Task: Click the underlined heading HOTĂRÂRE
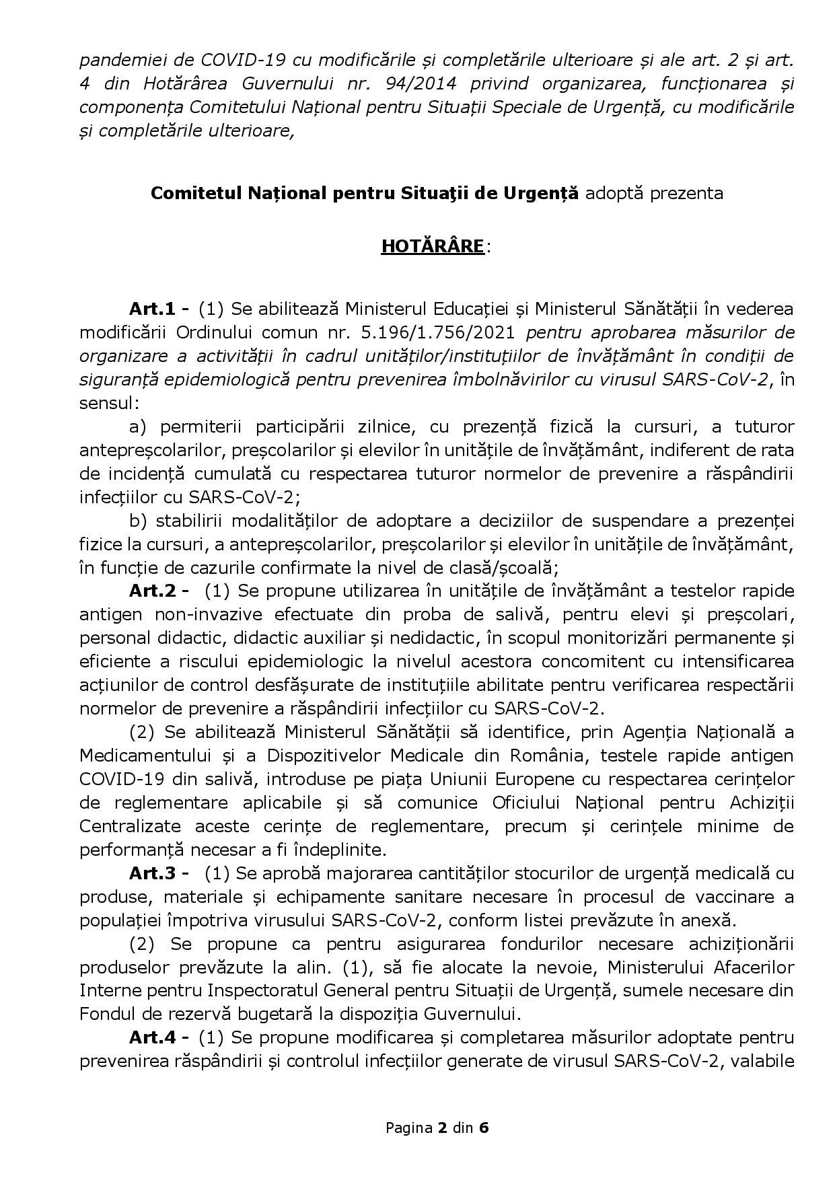pyautogui.click(x=432, y=247)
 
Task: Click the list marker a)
pyautogui.click(x=138, y=427)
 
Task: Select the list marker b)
pyautogui.click(x=138, y=521)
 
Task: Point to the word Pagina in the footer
pyautogui.click(x=408, y=1128)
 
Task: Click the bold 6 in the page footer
pyautogui.click(x=483, y=1128)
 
